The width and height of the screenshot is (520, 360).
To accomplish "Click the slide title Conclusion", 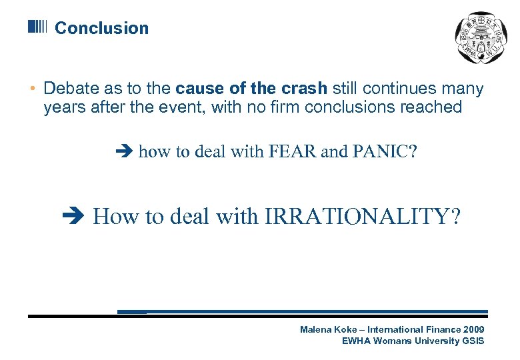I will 101,28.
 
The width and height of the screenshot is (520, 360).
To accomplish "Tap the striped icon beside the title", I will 37,27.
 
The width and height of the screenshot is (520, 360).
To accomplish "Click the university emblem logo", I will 479,38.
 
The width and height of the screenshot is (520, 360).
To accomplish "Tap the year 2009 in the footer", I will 473,330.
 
